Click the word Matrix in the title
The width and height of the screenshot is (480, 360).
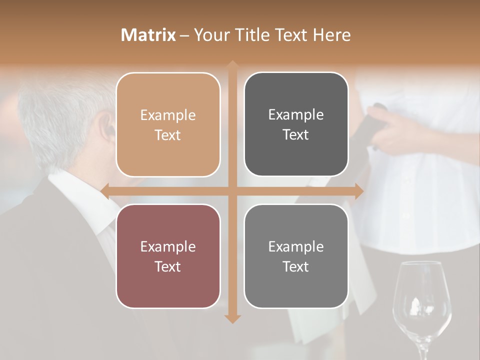pos(148,35)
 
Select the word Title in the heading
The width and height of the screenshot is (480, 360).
pos(249,35)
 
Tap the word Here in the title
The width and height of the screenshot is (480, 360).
pos(331,35)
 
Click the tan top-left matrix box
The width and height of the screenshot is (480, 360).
pos(168,125)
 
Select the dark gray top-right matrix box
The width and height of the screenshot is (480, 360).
pos(296,124)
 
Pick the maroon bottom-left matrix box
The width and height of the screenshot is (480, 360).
pos(168,256)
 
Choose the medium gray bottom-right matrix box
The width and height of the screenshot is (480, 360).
pos(296,256)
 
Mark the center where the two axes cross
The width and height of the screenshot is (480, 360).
pos(232,191)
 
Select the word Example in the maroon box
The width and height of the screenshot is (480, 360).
pos(168,246)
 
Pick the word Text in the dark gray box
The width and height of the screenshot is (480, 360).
pos(296,134)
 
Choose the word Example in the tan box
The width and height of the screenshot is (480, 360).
pos(168,115)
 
